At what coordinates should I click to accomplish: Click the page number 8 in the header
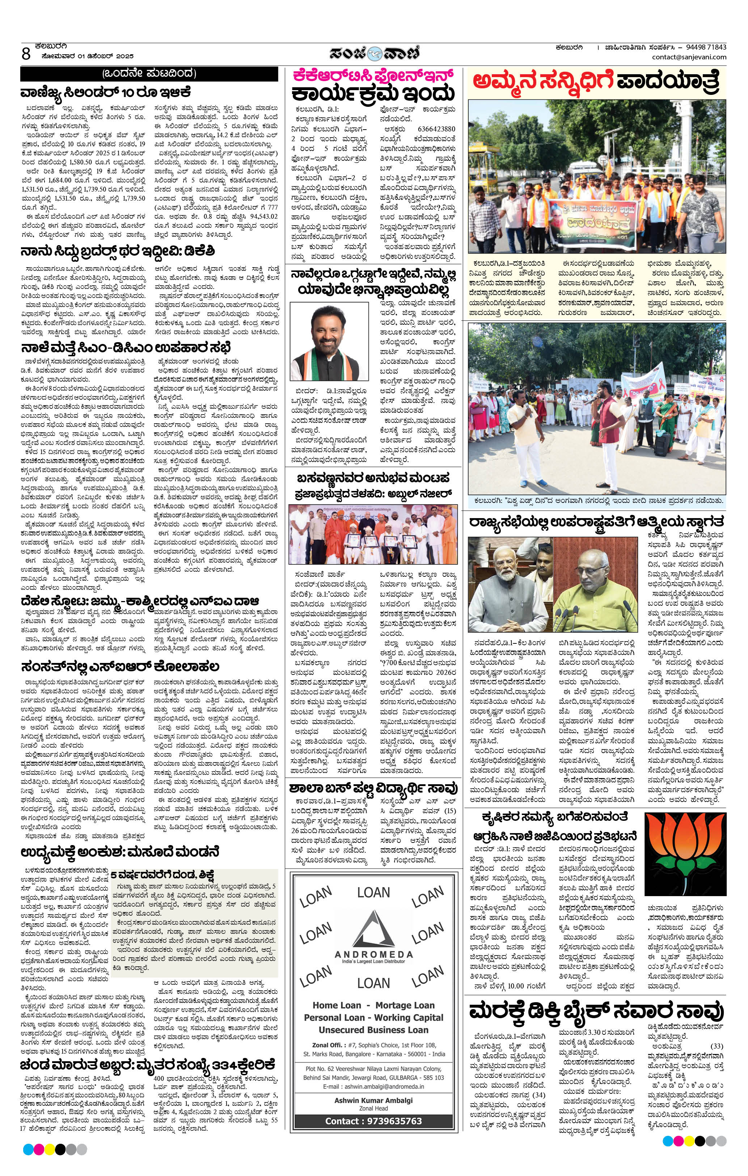click(x=26, y=53)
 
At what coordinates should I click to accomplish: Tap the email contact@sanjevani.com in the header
click(x=688, y=57)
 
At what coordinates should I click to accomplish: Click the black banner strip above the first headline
click(x=149, y=74)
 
